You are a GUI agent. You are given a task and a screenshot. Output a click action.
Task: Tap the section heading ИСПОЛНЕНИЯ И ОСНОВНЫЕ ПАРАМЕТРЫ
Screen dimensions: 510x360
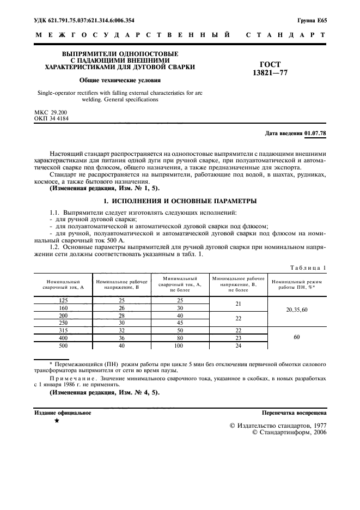(180, 201)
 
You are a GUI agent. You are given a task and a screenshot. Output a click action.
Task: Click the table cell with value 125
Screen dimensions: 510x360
(63, 300)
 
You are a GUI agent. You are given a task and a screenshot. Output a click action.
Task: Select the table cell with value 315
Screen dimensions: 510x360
(63, 330)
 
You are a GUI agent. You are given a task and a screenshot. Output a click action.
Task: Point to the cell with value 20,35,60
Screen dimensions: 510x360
(297, 311)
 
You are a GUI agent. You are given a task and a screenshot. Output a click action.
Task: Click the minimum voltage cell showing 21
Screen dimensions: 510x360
(239, 303)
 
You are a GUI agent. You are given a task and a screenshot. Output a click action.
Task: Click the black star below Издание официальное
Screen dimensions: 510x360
(57, 421)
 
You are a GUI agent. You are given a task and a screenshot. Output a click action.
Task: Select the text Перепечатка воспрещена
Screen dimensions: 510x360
(294, 413)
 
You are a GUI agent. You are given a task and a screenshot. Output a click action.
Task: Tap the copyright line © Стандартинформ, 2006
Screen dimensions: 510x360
(290, 432)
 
